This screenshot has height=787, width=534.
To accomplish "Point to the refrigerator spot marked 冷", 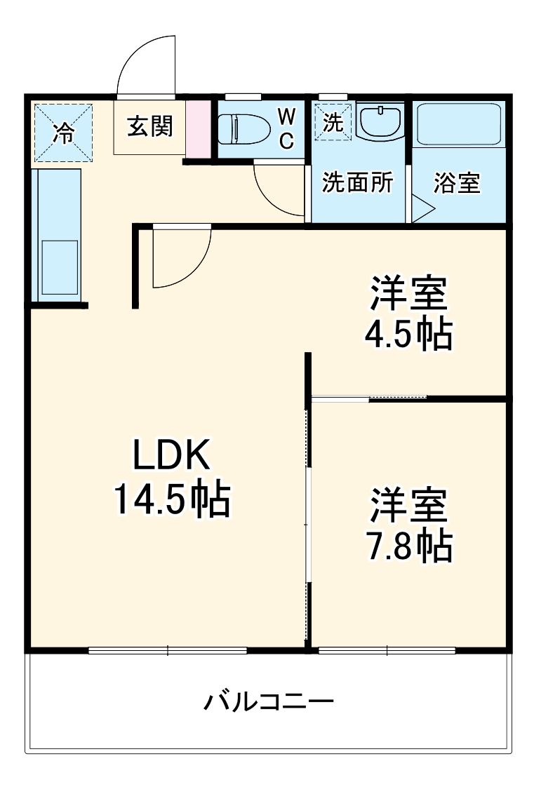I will tap(63, 132).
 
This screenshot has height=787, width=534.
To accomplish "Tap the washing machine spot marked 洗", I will tap(333, 122).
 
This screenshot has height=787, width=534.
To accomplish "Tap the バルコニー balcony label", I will tap(268, 701).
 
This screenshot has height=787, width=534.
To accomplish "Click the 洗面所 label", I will tap(357, 183).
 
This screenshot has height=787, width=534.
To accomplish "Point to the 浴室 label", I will tap(457, 183).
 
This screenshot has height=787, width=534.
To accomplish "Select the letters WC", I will tap(286, 128).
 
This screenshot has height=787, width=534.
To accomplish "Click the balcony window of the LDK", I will tap(168, 650).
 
